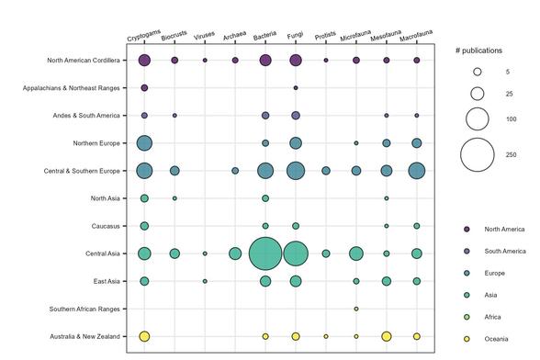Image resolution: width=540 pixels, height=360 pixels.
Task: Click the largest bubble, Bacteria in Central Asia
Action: tap(265, 253)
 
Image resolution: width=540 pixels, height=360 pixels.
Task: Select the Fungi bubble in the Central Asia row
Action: tap(296, 253)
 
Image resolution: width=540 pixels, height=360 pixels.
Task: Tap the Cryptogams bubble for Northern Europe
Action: tap(144, 143)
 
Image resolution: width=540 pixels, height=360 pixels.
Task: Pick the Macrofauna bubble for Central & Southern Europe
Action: tap(417, 171)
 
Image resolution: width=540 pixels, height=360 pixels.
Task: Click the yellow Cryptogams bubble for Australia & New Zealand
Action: tap(144, 337)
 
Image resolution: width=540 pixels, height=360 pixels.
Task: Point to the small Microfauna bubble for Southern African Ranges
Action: tap(356, 309)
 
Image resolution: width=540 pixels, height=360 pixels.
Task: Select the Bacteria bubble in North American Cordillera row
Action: tap(265, 61)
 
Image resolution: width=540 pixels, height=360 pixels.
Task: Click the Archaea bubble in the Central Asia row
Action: tap(235, 253)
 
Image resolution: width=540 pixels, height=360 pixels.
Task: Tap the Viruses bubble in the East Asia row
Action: tap(205, 281)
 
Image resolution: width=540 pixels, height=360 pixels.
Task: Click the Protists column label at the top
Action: tap(326, 36)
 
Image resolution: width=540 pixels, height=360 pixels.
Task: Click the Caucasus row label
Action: tap(106, 226)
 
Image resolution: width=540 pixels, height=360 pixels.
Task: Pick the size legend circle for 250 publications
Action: tap(478, 154)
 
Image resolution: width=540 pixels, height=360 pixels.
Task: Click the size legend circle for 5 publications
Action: tap(478, 72)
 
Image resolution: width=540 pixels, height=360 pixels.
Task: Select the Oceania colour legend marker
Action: tap(467, 339)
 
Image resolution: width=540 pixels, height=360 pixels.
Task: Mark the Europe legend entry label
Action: tap(496, 273)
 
